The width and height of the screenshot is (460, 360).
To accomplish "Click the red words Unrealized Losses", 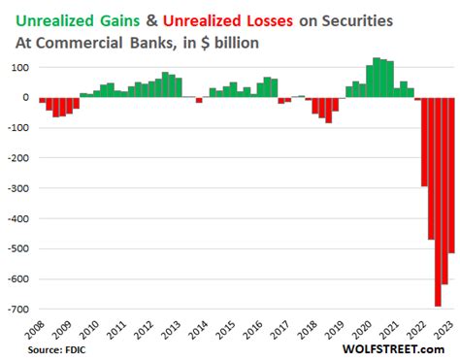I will click(x=217, y=16).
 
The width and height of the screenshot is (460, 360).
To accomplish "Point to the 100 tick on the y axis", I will click(x=16, y=67).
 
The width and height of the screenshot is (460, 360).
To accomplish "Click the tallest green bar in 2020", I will click(x=377, y=78).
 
